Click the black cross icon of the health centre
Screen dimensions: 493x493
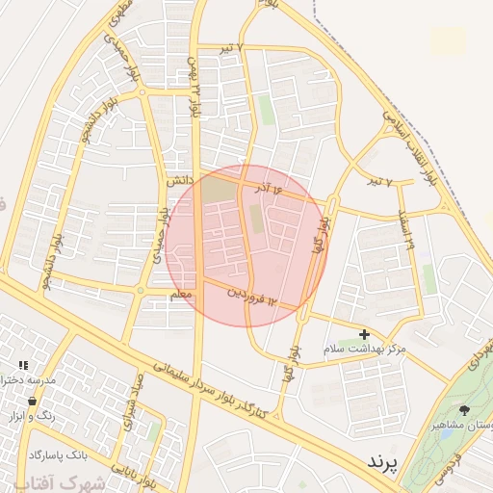(363, 332)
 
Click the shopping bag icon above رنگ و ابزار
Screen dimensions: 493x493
(33, 401)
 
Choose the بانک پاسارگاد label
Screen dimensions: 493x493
(58, 454)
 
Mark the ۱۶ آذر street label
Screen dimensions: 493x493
(272, 190)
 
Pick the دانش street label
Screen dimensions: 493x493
(180, 180)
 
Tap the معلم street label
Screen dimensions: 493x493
(181, 296)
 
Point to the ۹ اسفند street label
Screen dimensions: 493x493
(404, 232)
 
